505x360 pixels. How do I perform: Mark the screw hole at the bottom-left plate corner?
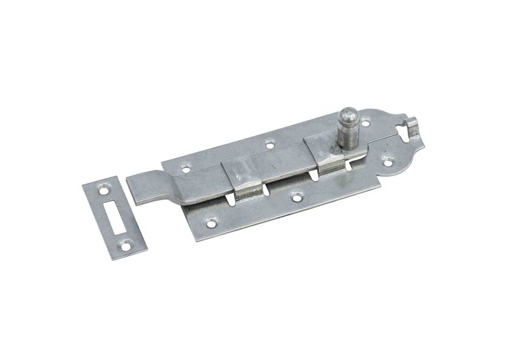(x=211, y=223)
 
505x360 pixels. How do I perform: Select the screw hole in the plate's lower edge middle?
(x=296, y=196)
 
